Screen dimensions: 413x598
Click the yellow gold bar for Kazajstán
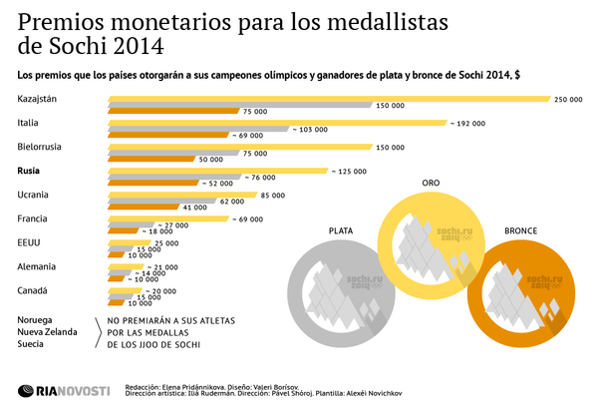pos(329,99)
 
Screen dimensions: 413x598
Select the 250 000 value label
pos(569,99)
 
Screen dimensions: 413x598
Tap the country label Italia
pos(29,123)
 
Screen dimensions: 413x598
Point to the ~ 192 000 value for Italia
pos(466,123)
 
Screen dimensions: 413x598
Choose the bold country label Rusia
pos(30,172)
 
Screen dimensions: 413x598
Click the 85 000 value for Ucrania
pos(273,196)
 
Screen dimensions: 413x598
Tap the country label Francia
pos(33,218)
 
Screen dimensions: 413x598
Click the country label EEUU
pos(30,242)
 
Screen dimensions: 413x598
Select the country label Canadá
pos(33,290)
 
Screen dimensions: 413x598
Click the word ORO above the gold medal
pos(431,184)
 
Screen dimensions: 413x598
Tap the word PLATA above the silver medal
pos(343,230)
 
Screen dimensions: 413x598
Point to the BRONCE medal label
pos(520,230)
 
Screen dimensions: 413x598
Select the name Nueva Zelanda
pos(49,331)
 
